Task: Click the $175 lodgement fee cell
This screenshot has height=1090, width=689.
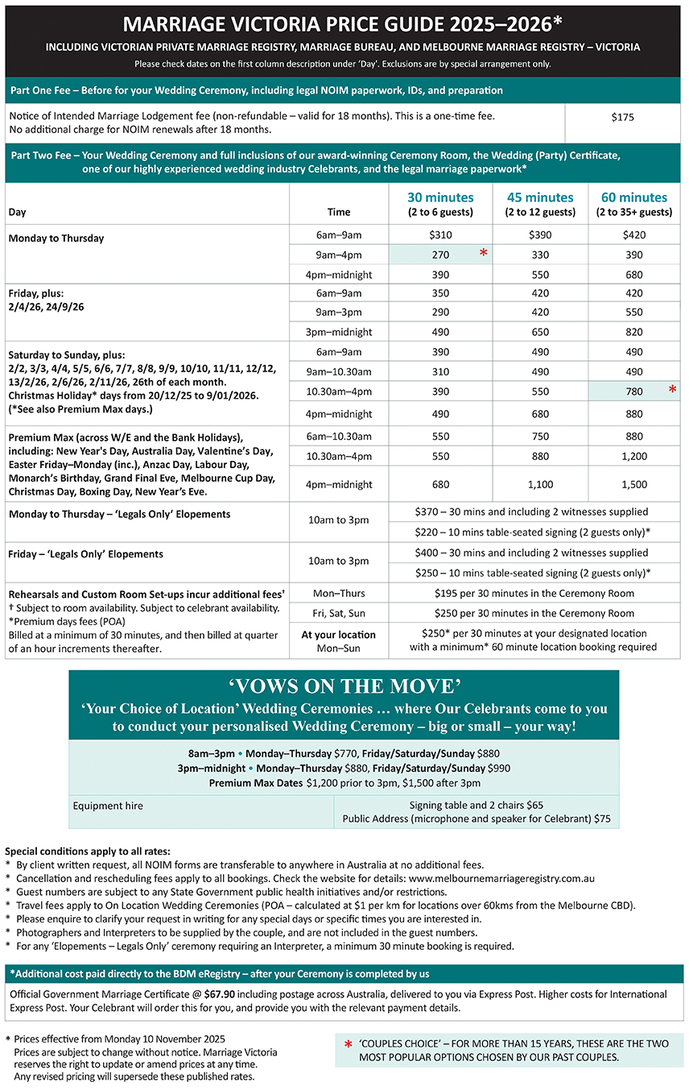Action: pyautogui.click(x=622, y=117)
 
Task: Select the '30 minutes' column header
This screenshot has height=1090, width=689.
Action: pyautogui.click(x=440, y=197)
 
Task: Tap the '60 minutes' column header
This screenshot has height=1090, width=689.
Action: pyautogui.click(x=633, y=197)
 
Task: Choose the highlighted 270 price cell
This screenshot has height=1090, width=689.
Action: pyautogui.click(x=440, y=255)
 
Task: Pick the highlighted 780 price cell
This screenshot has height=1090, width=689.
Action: pyautogui.click(x=633, y=392)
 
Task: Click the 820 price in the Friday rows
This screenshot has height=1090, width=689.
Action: pyautogui.click(x=633, y=332)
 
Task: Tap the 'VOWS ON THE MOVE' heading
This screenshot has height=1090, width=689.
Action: pyautogui.click(x=344, y=686)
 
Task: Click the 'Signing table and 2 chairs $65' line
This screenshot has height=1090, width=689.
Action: pyautogui.click(x=476, y=805)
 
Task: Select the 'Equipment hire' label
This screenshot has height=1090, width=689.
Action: pyautogui.click(x=108, y=805)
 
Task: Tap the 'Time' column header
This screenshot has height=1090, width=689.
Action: pyautogui.click(x=339, y=212)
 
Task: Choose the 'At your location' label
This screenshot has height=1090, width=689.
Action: pyautogui.click(x=339, y=634)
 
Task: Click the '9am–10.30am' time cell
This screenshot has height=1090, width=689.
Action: pyautogui.click(x=339, y=372)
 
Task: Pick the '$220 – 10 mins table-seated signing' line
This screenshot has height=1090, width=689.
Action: pyautogui.click(x=532, y=532)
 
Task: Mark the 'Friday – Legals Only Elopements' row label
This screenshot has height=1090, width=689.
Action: pyautogui.click(x=86, y=553)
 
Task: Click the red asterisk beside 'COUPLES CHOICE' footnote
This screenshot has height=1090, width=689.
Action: pyautogui.click(x=348, y=1045)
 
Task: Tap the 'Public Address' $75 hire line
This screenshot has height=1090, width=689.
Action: pyautogui.click(x=476, y=819)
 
